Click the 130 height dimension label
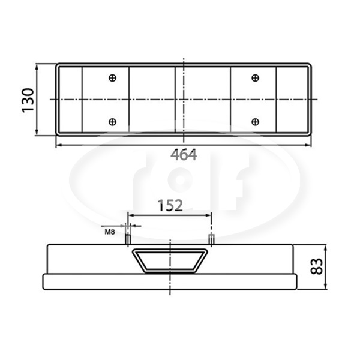click(x=28, y=100)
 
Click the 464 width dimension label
click(x=184, y=155)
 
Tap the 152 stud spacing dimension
click(x=170, y=205)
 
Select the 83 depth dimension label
click(x=316, y=266)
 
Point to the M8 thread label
click(x=110, y=232)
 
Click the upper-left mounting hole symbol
click(x=113, y=78)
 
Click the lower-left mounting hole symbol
click(x=113, y=122)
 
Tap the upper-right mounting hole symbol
click(x=256, y=78)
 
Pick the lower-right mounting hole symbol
click(x=256, y=122)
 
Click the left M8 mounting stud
click(x=128, y=239)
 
